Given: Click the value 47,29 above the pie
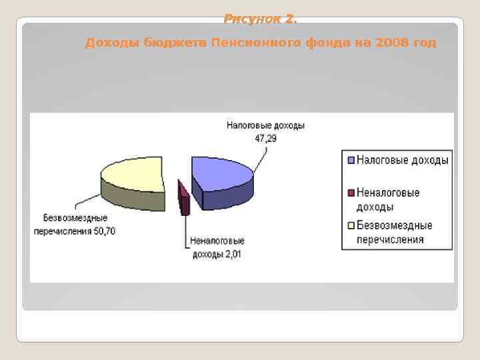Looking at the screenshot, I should (x=265, y=138).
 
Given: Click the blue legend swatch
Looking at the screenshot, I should (x=350, y=160).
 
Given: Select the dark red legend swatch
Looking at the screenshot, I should (x=350, y=193).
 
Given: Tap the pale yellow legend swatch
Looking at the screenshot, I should (x=350, y=225).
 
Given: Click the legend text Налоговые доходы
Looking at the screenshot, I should (x=402, y=160).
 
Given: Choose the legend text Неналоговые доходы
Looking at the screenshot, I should (x=388, y=199).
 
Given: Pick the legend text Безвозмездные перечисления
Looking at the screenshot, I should (x=394, y=232).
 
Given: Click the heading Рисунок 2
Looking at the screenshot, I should (x=260, y=19).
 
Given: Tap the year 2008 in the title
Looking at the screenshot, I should (x=390, y=43).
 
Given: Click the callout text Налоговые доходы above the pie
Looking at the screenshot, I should (x=265, y=125).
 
